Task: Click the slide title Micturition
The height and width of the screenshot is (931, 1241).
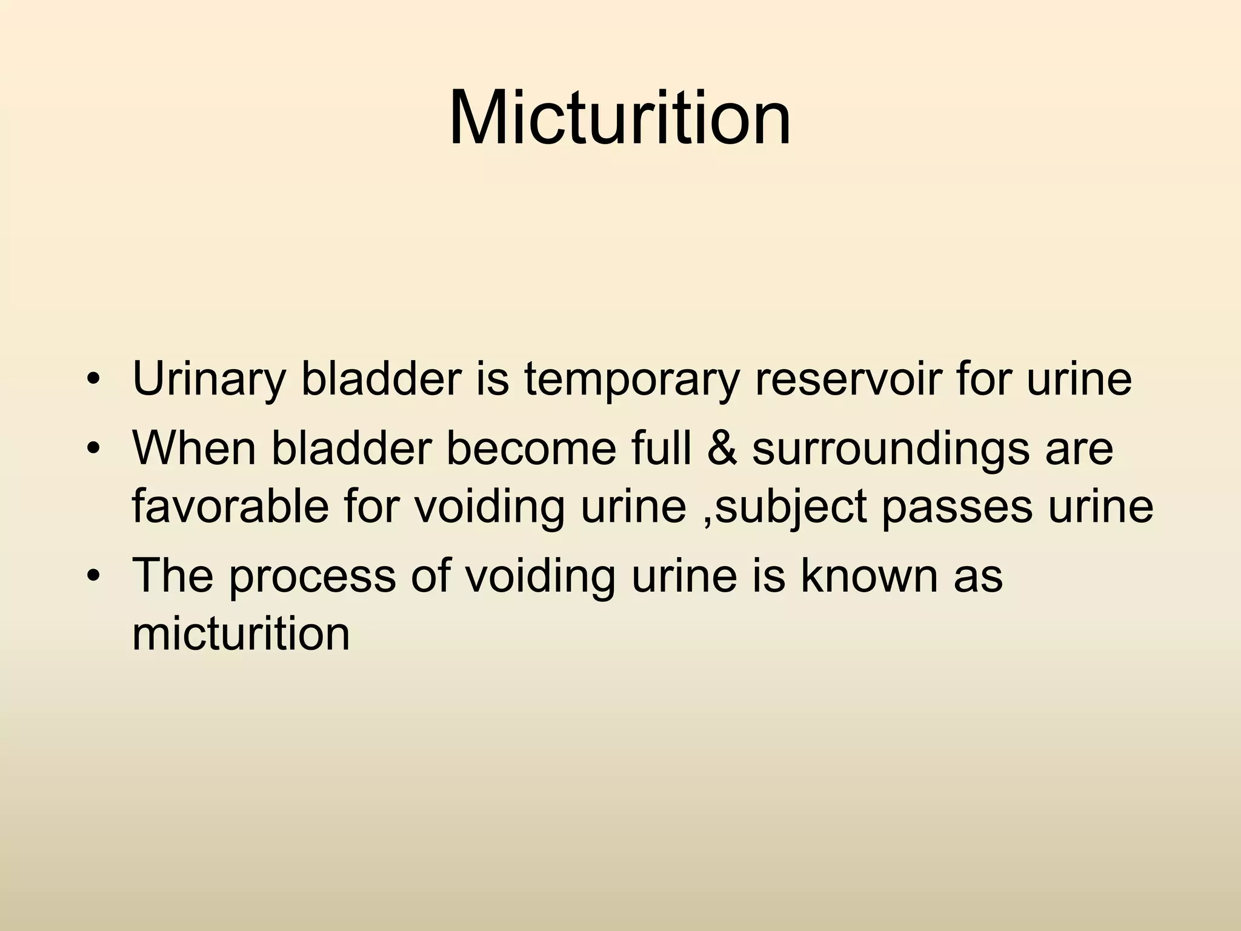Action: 620,118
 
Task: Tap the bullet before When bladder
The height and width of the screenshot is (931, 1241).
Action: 92,450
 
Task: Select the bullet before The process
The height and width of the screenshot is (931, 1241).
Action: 92,576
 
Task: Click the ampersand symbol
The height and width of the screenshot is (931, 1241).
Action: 722,449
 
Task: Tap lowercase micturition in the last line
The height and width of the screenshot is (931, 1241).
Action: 241,634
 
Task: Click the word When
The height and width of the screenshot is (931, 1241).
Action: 194,449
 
